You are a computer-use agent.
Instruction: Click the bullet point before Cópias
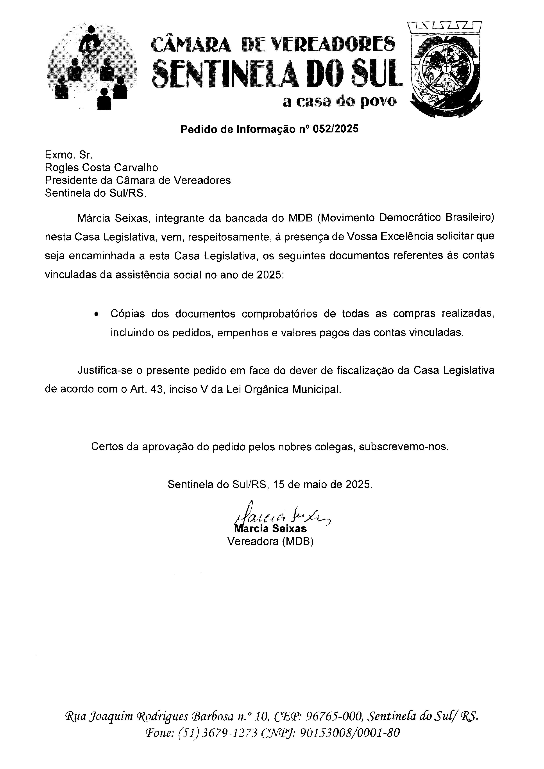[x=97, y=315]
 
